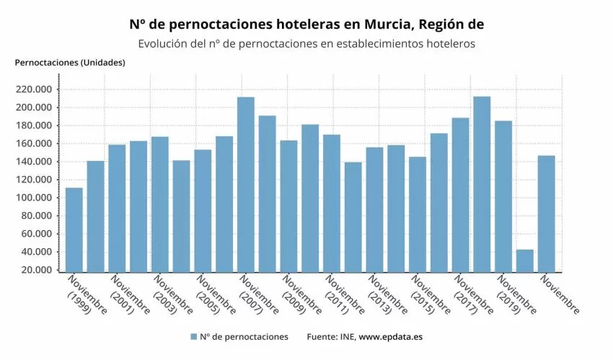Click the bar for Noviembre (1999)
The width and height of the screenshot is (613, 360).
point(74,229)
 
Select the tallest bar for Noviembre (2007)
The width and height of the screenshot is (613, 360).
point(246,184)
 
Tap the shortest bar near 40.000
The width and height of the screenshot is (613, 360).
point(525,260)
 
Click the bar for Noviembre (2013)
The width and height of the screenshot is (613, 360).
point(374,209)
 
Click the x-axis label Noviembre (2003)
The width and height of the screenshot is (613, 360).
point(172,295)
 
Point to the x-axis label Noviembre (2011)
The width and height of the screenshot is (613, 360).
point(344,295)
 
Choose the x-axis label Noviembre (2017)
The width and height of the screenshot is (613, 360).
point(473,295)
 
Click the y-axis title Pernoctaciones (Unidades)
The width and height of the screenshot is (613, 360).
point(70,62)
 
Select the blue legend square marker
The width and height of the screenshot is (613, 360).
point(193,337)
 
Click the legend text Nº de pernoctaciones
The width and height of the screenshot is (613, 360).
point(244,337)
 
